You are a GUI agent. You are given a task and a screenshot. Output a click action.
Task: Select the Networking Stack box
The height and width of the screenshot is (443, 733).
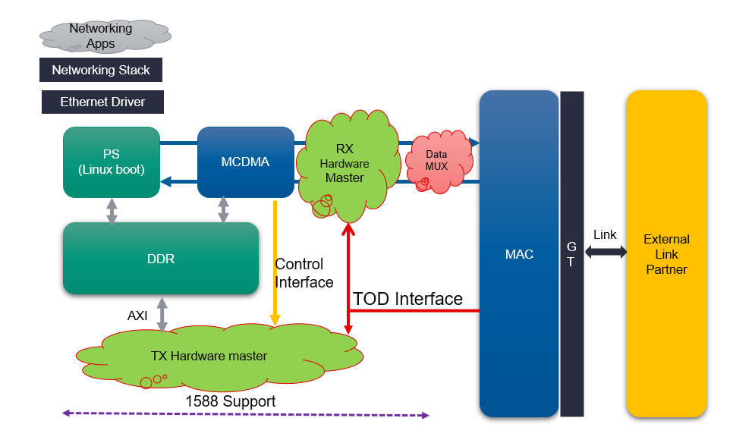click(101, 70)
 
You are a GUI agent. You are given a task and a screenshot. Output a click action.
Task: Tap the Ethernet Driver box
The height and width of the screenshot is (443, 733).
click(102, 102)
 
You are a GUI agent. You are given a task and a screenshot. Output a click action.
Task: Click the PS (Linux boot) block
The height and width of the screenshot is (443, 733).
click(112, 162)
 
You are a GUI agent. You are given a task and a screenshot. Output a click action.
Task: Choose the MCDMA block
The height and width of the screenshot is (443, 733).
click(246, 162)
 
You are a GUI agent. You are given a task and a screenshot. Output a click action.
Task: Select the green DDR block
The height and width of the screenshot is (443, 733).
click(161, 259)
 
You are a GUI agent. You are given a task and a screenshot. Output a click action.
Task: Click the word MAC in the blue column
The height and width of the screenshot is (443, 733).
click(519, 254)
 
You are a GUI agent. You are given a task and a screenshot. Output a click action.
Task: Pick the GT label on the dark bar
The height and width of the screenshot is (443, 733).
click(571, 255)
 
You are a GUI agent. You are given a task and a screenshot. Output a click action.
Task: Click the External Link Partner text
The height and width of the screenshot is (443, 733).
click(666, 254)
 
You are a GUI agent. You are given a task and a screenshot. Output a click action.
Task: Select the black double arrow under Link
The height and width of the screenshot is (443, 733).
click(604, 251)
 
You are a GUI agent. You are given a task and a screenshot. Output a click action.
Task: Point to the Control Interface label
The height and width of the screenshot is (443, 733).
click(304, 273)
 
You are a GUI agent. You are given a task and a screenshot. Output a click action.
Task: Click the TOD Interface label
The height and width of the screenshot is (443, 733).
click(407, 299)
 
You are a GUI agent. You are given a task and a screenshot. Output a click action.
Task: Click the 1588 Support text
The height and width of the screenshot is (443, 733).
click(231, 401)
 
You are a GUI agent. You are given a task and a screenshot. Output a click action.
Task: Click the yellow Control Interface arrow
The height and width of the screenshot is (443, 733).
click(275, 258)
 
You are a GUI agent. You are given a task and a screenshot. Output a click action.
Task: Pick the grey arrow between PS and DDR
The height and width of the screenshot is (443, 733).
click(112, 211)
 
